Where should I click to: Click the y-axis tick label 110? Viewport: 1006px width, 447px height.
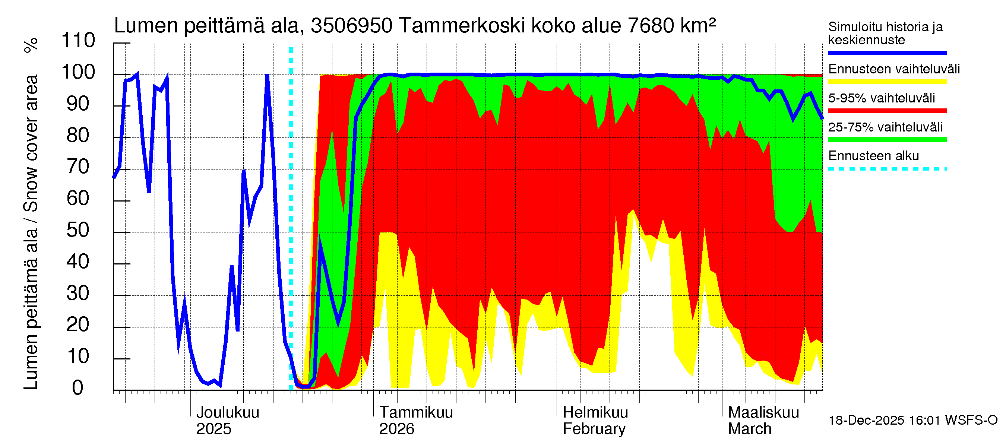[78, 41]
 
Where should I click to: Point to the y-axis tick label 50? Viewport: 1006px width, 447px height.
[78, 230]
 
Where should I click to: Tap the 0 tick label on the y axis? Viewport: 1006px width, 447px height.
[78, 388]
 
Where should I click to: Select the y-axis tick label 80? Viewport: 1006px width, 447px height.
[78, 136]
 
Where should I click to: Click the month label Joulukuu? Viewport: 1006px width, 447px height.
[228, 413]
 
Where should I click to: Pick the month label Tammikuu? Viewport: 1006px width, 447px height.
[416, 413]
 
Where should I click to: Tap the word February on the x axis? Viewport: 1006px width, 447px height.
[594, 429]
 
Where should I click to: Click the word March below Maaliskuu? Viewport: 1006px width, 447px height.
[749, 429]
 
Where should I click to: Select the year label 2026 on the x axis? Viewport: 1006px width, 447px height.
[396, 429]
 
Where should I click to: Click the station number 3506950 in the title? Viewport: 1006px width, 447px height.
[351, 26]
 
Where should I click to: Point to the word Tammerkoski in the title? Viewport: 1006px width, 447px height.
[462, 26]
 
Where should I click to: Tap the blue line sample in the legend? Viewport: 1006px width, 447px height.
[887, 53]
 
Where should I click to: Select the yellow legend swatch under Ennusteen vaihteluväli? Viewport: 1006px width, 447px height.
[887, 82]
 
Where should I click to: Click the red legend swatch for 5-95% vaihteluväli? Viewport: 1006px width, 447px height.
[887, 111]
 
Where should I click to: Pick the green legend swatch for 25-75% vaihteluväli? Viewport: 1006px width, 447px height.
[887, 140]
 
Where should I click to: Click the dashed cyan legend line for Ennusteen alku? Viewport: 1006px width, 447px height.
[887, 169]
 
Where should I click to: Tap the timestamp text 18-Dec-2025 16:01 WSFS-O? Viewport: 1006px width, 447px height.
[912, 421]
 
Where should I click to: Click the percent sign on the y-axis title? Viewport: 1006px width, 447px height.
[31, 45]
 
